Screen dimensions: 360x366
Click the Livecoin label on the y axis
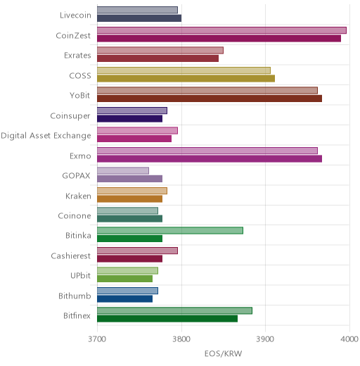coord(75,15)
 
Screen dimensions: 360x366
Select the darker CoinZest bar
coord(219,38)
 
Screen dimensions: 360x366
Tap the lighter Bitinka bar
coord(170,231)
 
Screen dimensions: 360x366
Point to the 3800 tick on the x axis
coord(181,339)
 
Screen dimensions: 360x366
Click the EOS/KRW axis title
coord(223,353)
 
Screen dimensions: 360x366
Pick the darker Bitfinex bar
coord(167,319)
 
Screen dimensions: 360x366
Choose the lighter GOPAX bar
coord(123,170)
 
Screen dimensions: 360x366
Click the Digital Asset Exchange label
coord(46,136)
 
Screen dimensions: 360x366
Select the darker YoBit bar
coord(210,99)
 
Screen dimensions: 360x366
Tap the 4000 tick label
coord(349,339)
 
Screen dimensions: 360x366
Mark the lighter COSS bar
coord(184,70)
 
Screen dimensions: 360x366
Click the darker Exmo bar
coord(210,158)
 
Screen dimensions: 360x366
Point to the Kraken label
coord(78,196)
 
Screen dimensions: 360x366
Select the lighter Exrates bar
coord(160,50)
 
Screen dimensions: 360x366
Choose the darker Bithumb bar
coord(125,298)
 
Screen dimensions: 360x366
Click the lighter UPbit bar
coord(128,271)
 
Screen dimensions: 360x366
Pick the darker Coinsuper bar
coord(130,118)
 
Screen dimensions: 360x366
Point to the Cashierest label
coord(71,255)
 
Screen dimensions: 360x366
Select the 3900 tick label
coord(265,339)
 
